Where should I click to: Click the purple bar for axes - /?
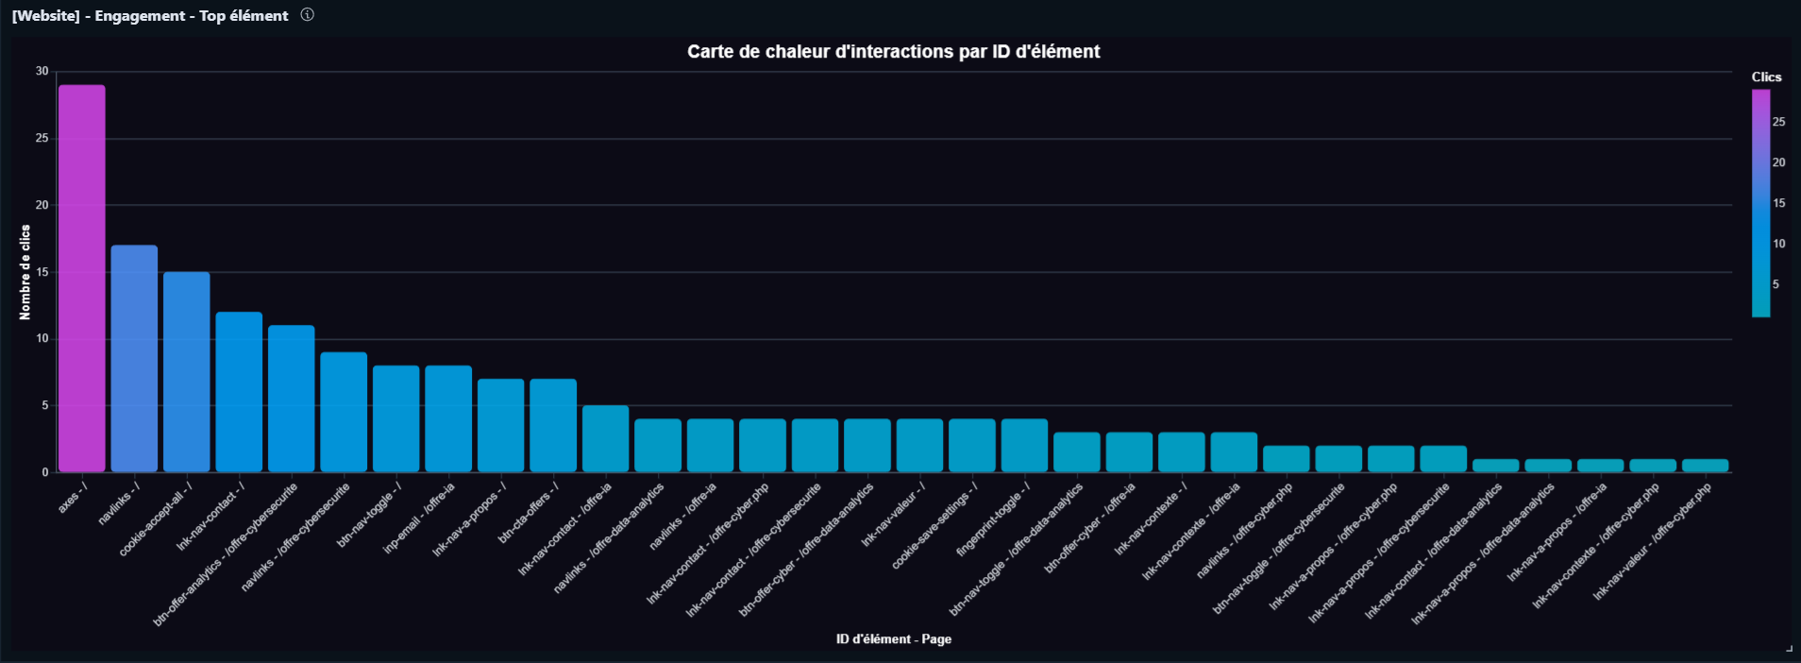click(x=81, y=279)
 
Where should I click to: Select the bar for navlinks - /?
click(x=134, y=359)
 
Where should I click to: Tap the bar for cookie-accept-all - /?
click(x=186, y=372)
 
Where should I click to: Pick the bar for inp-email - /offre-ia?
click(x=448, y=418)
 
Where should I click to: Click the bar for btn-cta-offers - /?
click(x=553, y=425)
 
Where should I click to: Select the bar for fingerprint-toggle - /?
click(x=1024, y=446)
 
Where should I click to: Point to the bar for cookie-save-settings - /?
click(x=972, y=446)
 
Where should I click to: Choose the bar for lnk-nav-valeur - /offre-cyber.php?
click(x=1705, y=466)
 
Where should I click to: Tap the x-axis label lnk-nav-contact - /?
click(x=210, y=516)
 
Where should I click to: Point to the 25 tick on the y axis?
click(x=42, y=138)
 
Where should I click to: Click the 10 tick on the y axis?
click(x=42, y=338)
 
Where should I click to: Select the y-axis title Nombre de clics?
click(x=25, y=272)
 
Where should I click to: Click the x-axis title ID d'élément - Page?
click(x=893, y=639)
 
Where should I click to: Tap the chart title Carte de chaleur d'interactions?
click(x=893, y=52)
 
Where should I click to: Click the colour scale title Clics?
click(x=1766, y=77)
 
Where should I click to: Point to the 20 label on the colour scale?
click(x=1778, y=162)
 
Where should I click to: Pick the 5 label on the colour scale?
click(x=1776, y=284)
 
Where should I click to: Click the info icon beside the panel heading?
click(x=307, y=15)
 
